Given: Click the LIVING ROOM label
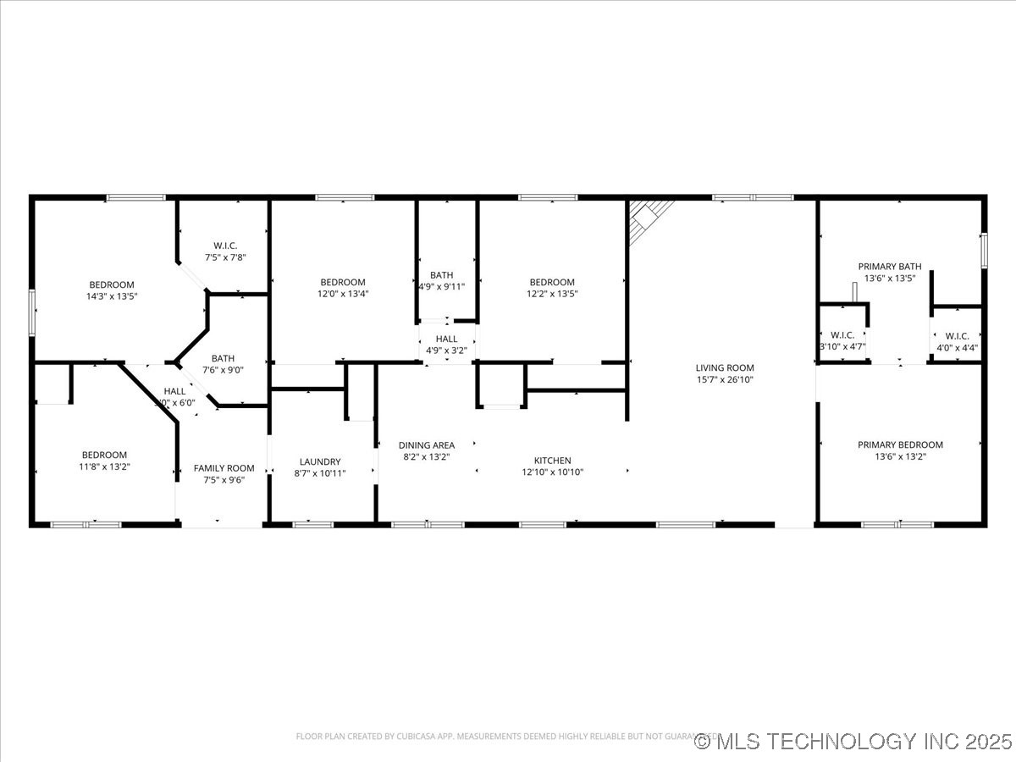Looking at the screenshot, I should pyautogui.click(x=724, y=367).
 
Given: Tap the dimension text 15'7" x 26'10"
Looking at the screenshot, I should pyautogui.click(x=724, y=380).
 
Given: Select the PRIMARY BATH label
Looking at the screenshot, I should pyautogui.click(x=889, y=266).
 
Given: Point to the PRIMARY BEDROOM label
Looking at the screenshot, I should pyautogui.click(x=900, y=444).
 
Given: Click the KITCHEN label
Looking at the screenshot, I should pyautogui.click(x=552, y=461).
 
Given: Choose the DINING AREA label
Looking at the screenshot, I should pyautogui.click(x=427, y=444).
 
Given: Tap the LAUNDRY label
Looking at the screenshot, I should pyautogui.click(x=319, y=461).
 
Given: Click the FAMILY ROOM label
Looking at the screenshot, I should pyautogui.click(x=224, y=468).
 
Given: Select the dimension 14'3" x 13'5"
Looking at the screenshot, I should pyautogui.click(x=112, y=296).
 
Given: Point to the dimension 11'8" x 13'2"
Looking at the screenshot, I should pyautogui.click(x=105, y=467).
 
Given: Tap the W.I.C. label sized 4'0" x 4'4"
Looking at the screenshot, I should pyautogui.click(x=957, y=335).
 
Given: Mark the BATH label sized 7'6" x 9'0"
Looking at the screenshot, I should pyautogui.click(x=224, y=358).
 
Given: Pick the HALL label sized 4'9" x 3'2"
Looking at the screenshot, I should pyautogui.click(x=446, y=339).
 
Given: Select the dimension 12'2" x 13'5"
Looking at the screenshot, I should pyautogui.click(x=552, y=294).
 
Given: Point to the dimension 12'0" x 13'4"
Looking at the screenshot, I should pyautogui.click(x=342, y=294).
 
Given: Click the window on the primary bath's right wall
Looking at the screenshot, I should pyautogui.click(x=984, y=250).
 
